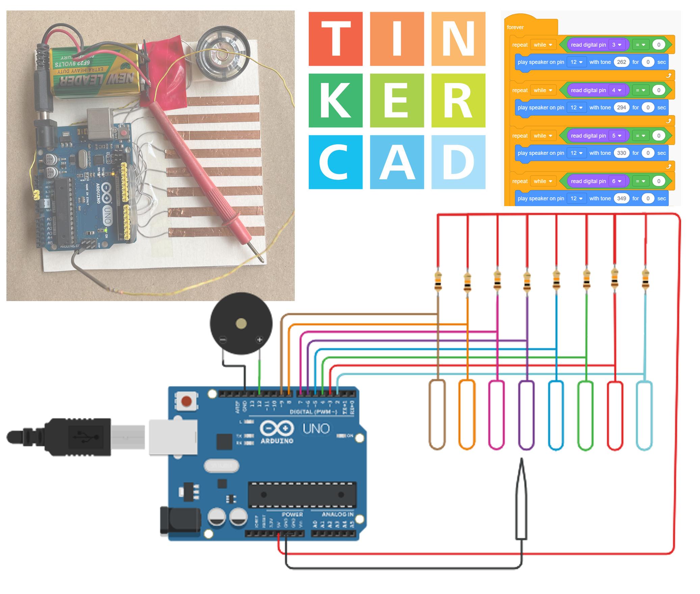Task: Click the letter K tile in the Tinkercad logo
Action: point(335,100)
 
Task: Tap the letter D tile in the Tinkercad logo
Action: point(458,162)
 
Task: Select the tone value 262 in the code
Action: point(621,62)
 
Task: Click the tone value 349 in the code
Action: point(621,199)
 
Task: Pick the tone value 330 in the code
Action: point(621,153)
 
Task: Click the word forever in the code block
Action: point(515,27)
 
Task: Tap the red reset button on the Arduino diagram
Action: point(186,401)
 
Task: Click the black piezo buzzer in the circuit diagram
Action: point(241,323)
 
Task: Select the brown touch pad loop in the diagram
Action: point(437,415)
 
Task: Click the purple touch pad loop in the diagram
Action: point(526,415)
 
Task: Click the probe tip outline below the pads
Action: point(521,500)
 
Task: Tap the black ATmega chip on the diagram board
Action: point(302,495)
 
